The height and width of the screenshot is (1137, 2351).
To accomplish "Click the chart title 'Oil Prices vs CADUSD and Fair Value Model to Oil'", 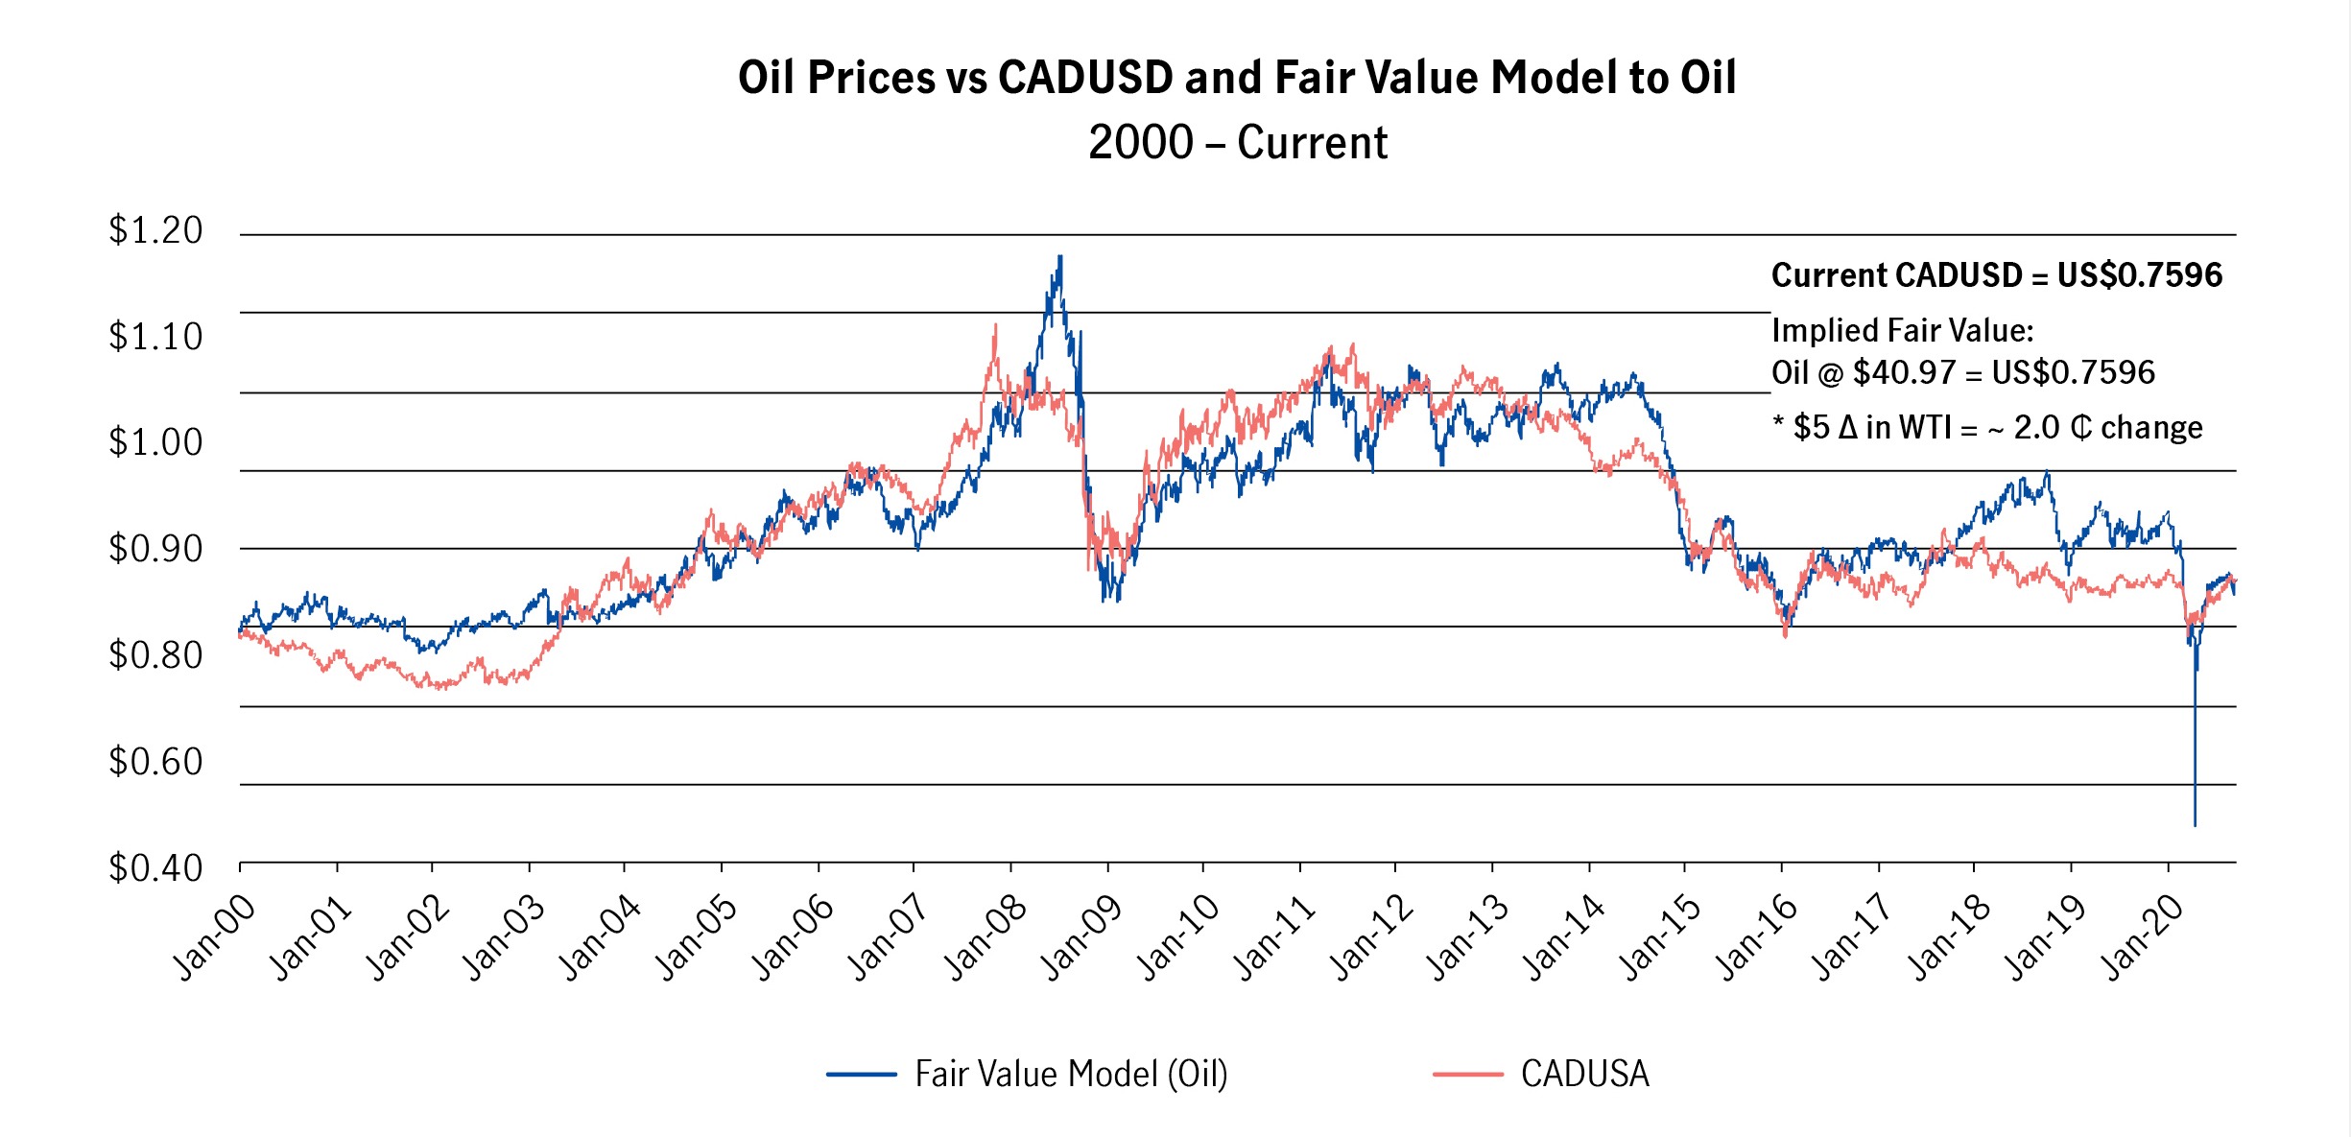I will coord(1236,77).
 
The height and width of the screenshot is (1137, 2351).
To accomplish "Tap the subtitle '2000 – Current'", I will coord(1237,143).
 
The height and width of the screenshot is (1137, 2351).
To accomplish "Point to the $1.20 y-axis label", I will coord(155,230).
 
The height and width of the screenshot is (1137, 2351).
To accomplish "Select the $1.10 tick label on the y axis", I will coord(155,337).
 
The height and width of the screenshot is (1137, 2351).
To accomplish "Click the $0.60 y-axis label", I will coord(155,762).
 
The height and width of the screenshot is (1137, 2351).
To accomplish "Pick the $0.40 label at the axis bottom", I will coord(155,868).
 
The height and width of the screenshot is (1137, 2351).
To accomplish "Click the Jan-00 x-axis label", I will coord(215,936).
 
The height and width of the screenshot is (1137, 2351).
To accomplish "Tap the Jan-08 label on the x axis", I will coord(986,936).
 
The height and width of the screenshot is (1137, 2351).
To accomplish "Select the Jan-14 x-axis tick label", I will coord(1564,936).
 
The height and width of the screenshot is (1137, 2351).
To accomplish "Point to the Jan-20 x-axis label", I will coord(2144,936).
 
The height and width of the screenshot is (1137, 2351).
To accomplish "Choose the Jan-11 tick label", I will coord(1274,936).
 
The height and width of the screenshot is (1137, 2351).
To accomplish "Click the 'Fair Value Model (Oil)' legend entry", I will coord(1071,1074).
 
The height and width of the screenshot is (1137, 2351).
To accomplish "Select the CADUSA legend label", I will coord(1584,1074).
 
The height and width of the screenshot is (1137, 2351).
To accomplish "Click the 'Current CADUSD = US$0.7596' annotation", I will coord(1996,275).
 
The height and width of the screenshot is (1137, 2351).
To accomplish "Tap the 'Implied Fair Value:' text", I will coord(1902,330).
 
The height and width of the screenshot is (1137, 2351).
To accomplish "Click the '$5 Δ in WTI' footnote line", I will coord(1987,427).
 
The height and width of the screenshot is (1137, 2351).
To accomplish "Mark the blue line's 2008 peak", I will coord(1059,257).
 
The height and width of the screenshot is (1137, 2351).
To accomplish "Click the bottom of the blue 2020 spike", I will coord(2195,823).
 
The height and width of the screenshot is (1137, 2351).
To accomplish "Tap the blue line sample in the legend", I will coord(861,1074).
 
